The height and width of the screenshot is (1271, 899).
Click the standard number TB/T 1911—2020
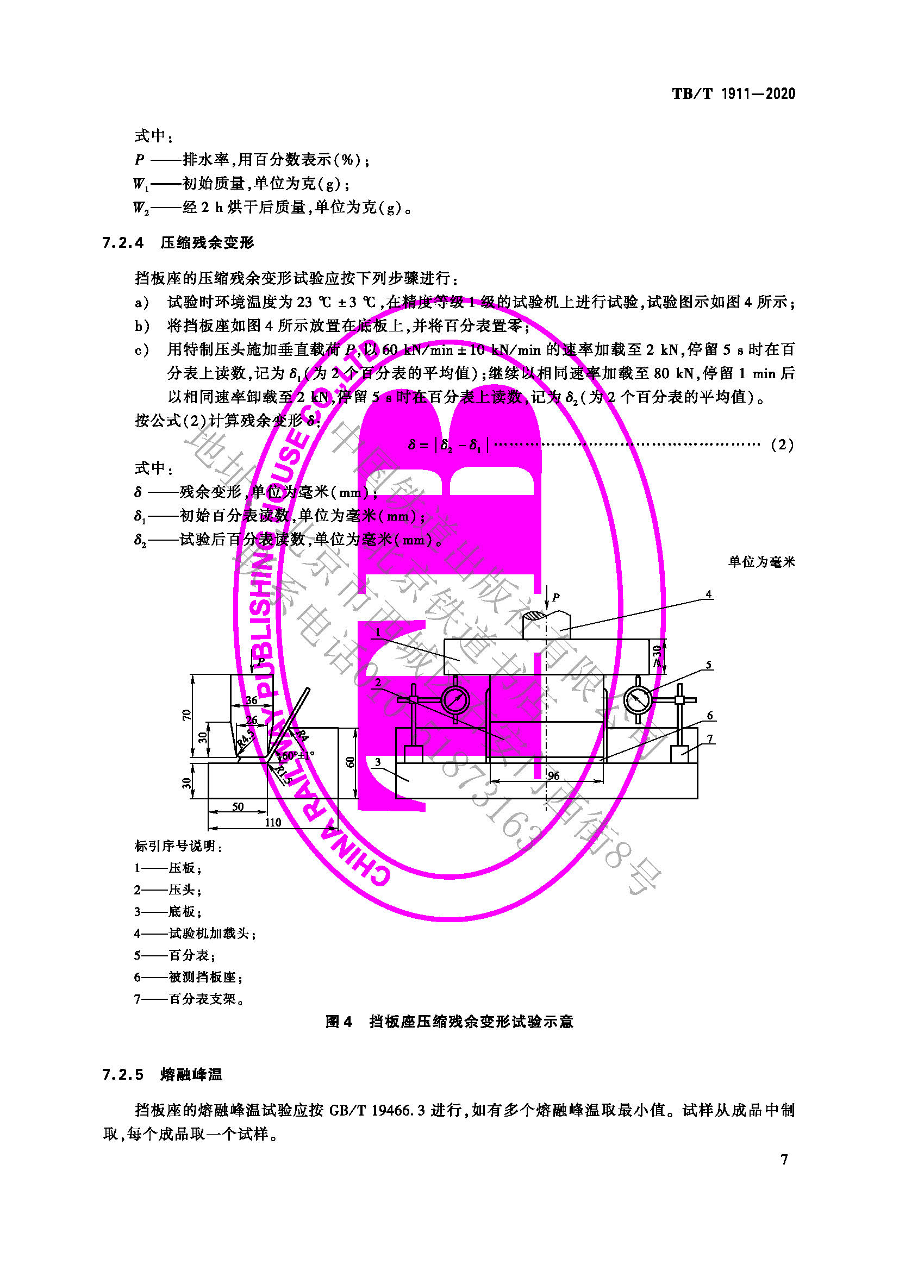tap(733, 93)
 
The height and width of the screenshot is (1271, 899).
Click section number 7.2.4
tap(123, 242)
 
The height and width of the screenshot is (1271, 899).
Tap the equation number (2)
tap(782, 444)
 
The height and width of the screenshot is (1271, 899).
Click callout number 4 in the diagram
tap(709, 594)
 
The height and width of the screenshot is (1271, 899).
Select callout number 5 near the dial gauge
tap(709, 665)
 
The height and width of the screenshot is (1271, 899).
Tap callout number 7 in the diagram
tap(710, 738)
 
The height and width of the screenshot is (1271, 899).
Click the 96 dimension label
tap(553, 775)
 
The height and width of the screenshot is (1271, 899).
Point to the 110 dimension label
tap(273, 822)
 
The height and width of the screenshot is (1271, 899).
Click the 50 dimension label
tap(238, 806)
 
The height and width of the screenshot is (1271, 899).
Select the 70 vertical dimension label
tap(186, 715)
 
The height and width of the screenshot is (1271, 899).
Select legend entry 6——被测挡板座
tap(188, 977)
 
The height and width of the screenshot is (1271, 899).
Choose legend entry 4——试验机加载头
tap(195, 934)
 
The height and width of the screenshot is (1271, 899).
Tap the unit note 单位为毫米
tap(761, 562)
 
